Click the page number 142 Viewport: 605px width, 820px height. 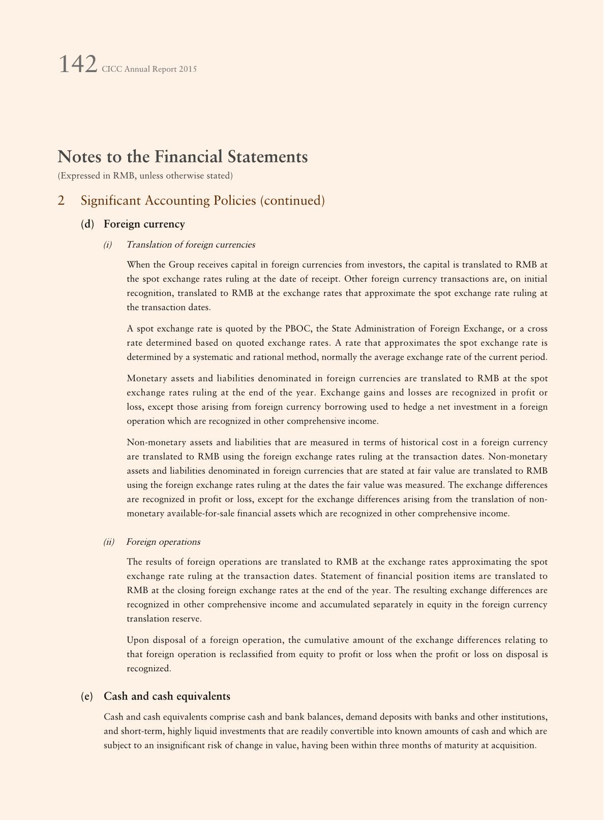click(77, 65)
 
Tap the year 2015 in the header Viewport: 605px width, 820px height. click(188, 69)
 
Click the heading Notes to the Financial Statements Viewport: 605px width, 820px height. click(183, 156)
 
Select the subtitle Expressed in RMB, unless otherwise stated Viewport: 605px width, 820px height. click(145, 176)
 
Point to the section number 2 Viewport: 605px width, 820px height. click(61, 201)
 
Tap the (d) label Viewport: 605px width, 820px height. click(87, 224)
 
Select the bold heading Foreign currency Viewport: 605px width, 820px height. click(144, 224)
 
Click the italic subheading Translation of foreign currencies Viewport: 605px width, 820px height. click(191, 245)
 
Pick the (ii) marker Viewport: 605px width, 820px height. click(109, 542)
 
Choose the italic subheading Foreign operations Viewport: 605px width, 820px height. click(163, 542)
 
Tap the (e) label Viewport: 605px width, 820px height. click(87, 697)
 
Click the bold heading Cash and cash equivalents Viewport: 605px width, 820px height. click(167, 697)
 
